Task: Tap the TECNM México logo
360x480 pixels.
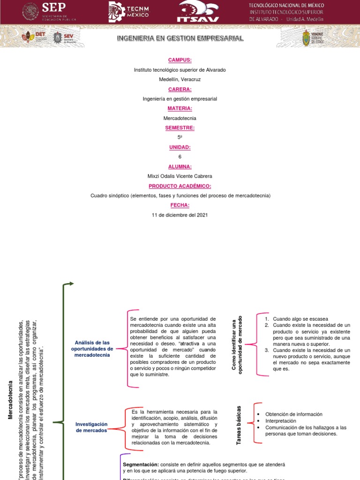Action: click(x=129, y=11)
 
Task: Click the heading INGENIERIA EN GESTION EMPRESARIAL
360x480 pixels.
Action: click(x=180, y=38)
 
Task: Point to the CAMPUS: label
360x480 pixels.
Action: click(x=180, y=60)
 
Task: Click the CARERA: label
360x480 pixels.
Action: click(x=180, y=89)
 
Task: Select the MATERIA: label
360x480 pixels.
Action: click(x=180, y=108)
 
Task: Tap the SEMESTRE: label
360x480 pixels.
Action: click(x=180, y=127)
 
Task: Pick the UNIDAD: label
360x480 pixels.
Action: click(x=180, y=147)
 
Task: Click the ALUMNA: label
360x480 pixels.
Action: click(x=180, y=166)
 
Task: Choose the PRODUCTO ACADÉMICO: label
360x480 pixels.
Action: click(x=180, y=186)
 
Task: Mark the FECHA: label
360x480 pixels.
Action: click(x=180, y=205)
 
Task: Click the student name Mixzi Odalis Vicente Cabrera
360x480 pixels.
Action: click(x=180, y=176)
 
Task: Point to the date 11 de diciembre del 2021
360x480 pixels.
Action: click(x=180, y=215)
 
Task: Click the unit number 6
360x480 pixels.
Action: click(x=180, y=157)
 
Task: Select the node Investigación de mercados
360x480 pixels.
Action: click(x=91, y=427)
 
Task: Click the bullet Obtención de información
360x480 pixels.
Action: click(x=294, y=414)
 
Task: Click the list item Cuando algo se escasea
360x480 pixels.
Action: click(x=300, y=319)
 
